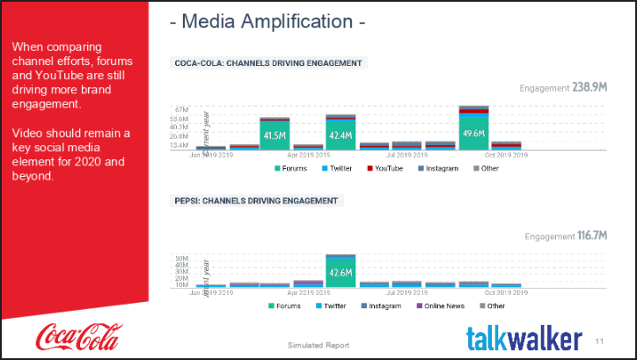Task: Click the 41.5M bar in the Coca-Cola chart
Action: (275, 135)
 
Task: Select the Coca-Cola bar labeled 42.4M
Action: (340, 135)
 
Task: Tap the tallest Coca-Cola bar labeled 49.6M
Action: (473, 132)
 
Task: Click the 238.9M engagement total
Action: (590, 88)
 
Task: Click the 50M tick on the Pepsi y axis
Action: (181, 260)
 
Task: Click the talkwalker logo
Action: (524, 337)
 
